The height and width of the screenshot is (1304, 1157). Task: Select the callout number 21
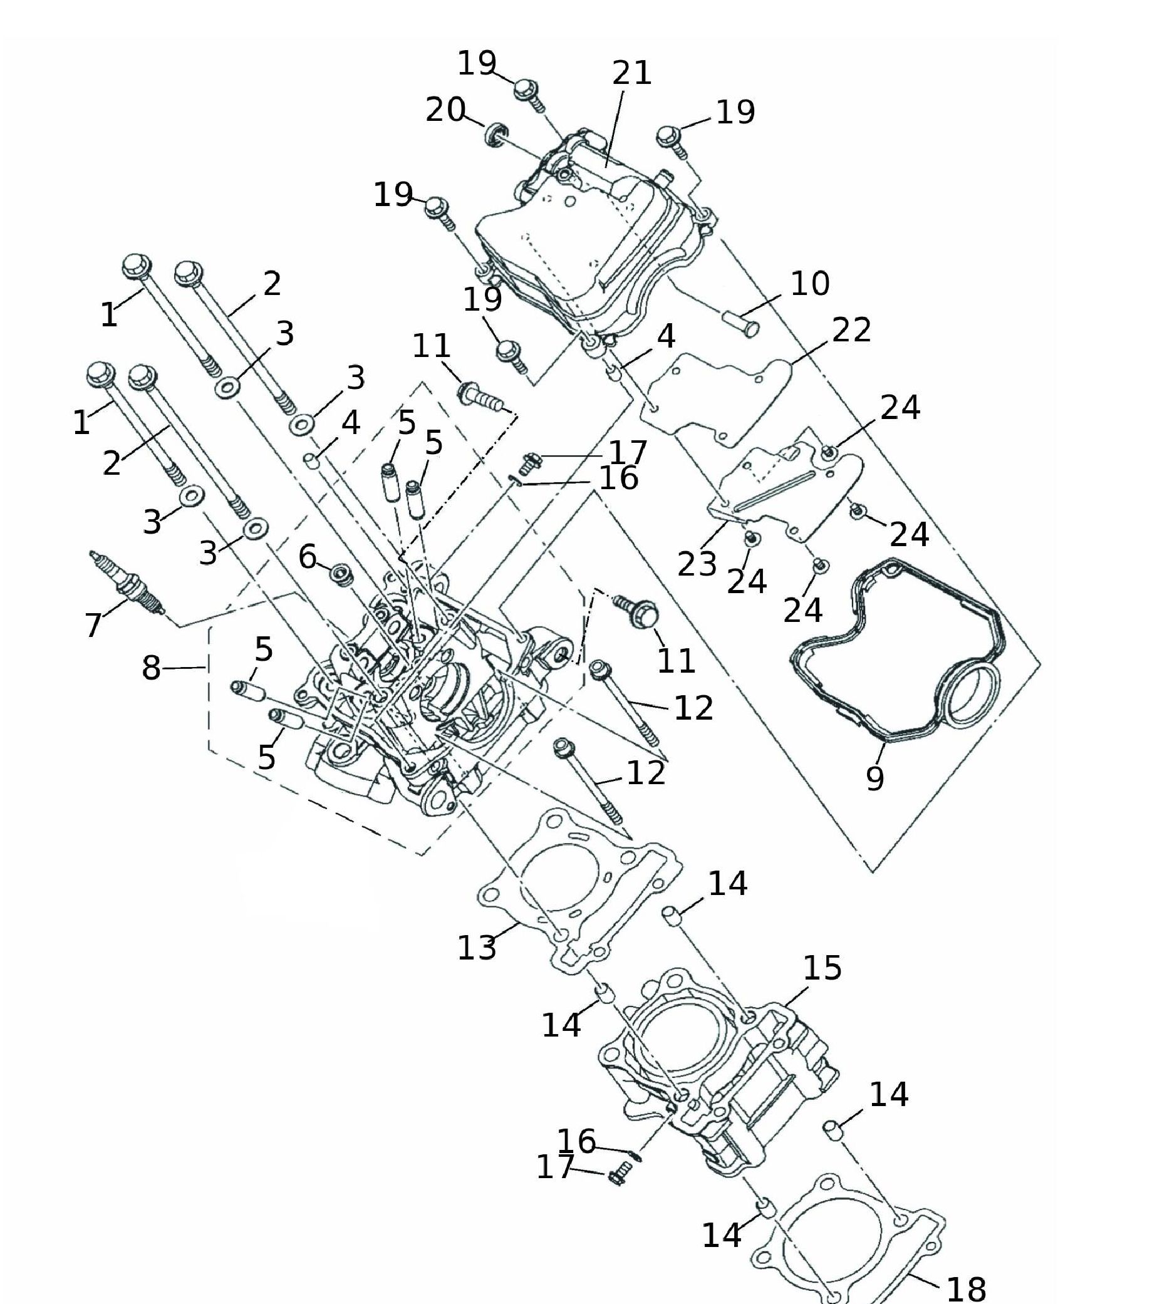click(x=632, y=73)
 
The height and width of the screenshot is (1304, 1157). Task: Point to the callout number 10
click(x=810, y=284)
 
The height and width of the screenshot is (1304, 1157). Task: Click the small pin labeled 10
click(x=740, y=322)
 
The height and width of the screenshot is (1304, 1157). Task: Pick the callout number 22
click(x=851, y=331)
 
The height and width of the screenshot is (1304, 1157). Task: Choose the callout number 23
click(x=697, y=564)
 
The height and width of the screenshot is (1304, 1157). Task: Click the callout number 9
click(x=875, y=778)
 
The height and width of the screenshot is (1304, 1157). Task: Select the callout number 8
click(x=151, y=668)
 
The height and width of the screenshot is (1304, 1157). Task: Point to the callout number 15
click(x=822, y=968)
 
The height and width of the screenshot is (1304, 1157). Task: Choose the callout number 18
click(x=966, y=1289)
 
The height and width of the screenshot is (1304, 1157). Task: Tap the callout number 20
click(x=445, y=110)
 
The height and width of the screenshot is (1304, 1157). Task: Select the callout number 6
click(x=308, y=557)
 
